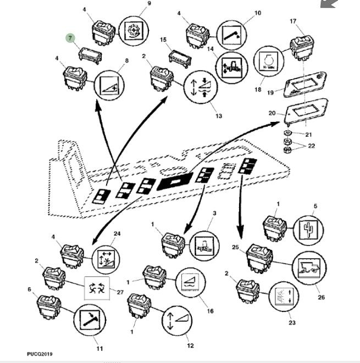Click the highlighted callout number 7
(x=69, y=37)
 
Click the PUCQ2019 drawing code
(x=40, y=354)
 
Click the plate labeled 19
(x=301, y=86)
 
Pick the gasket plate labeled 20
(x=306, y=109)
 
